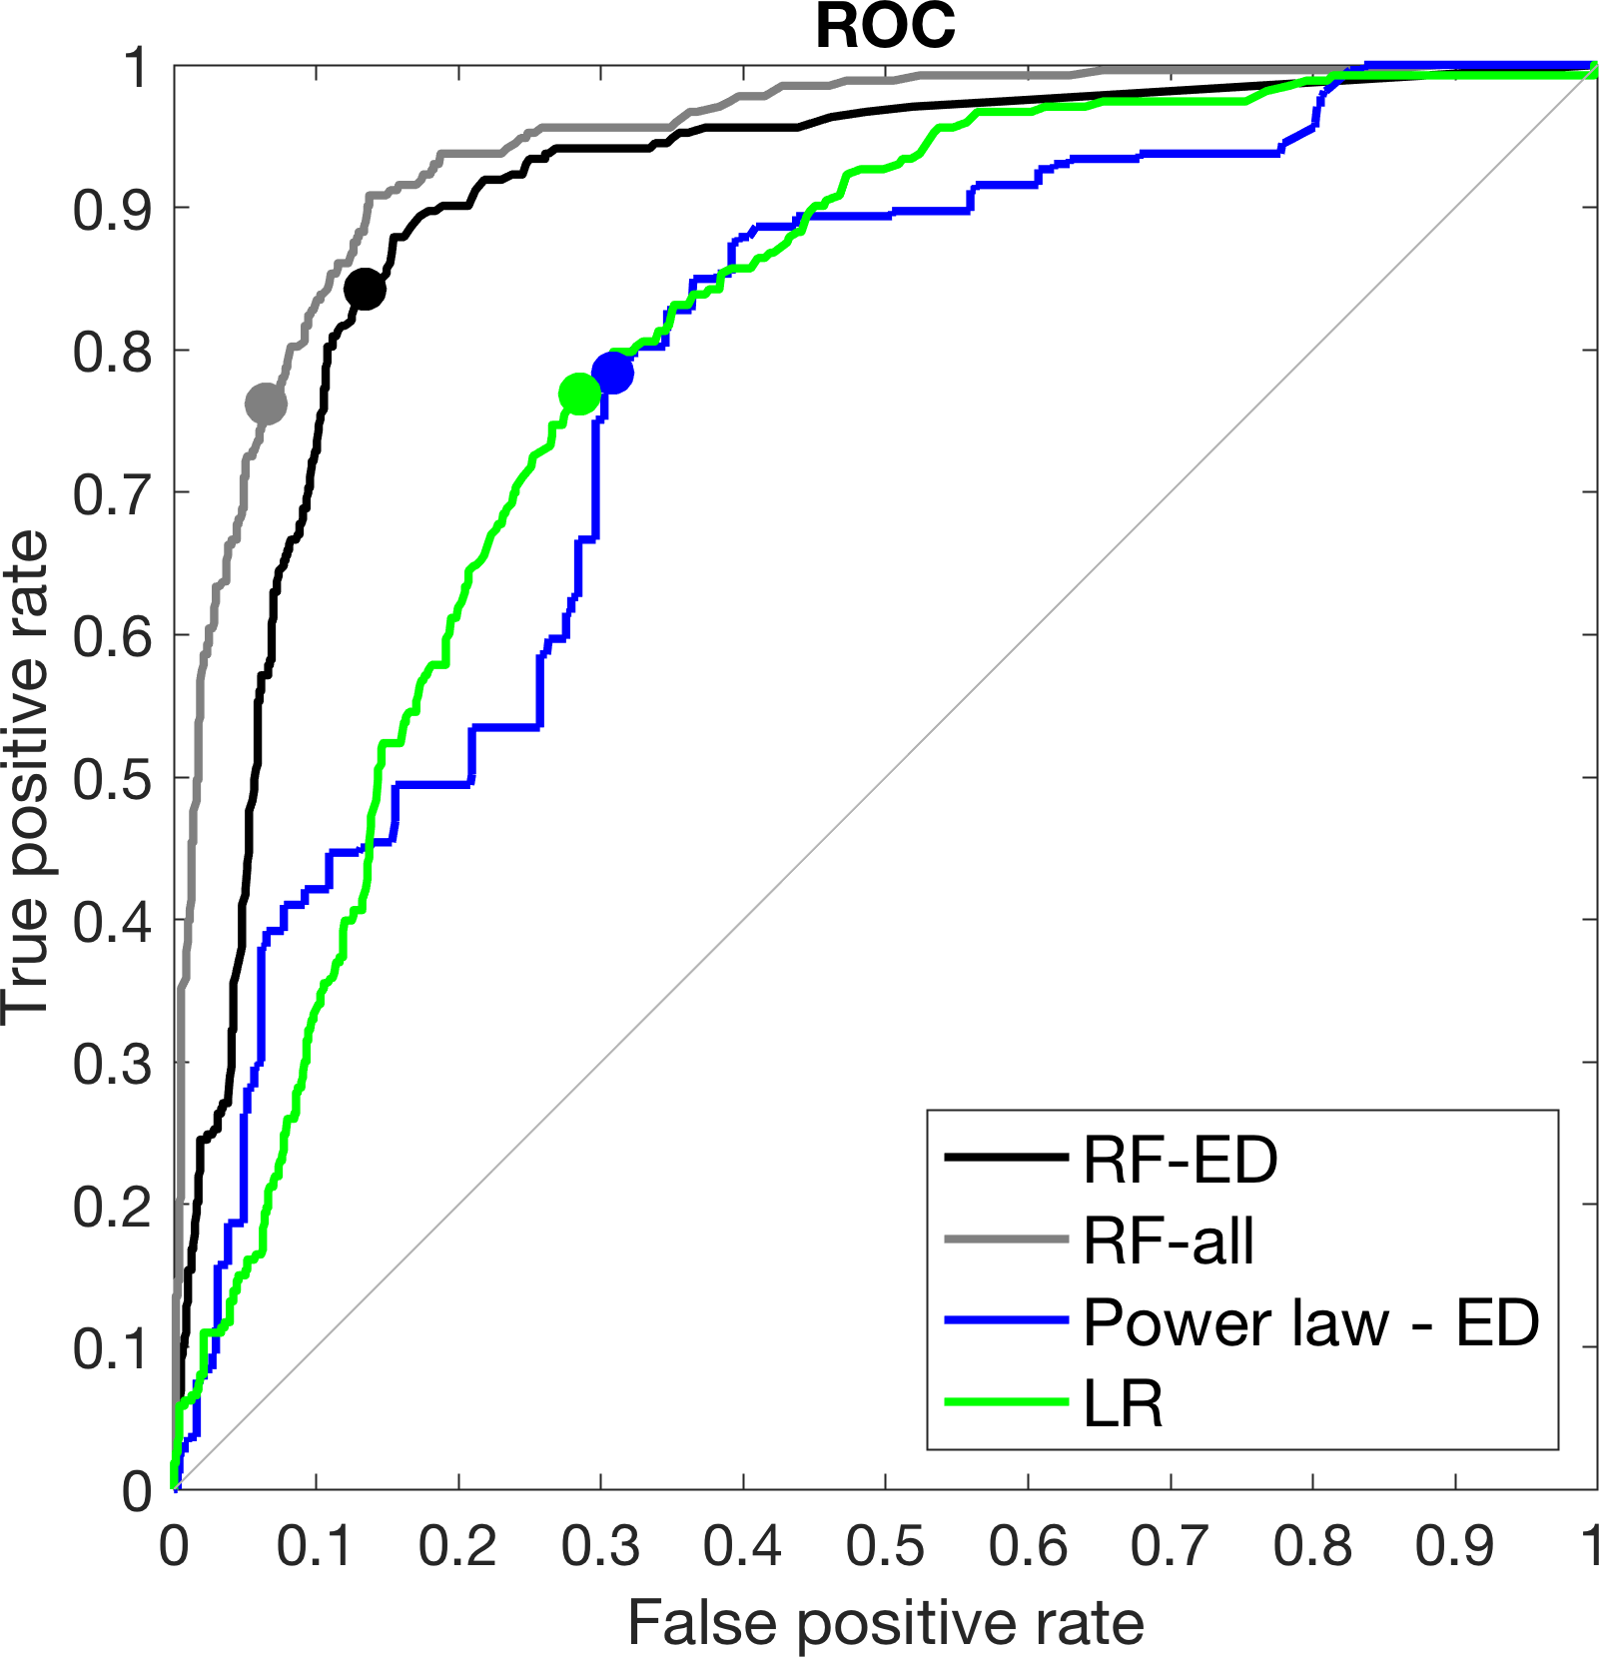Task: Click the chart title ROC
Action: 885,26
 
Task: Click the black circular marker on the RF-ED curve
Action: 365,289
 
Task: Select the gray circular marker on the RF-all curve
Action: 266,404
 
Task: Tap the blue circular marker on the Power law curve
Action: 612,373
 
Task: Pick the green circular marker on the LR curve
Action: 579,395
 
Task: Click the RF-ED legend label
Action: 1180,1160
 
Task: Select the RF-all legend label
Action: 1169,1242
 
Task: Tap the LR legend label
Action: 1124,1404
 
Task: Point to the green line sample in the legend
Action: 1007,1403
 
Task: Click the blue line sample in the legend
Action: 1007,1321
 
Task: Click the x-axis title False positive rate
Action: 885,1623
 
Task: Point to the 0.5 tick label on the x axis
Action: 885,1547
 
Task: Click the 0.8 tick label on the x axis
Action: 1312,1547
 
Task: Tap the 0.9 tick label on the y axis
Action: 112,209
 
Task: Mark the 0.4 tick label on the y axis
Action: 112,922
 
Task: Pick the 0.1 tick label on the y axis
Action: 112,1348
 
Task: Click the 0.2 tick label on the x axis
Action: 458,1547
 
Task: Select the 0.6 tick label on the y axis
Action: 112,636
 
